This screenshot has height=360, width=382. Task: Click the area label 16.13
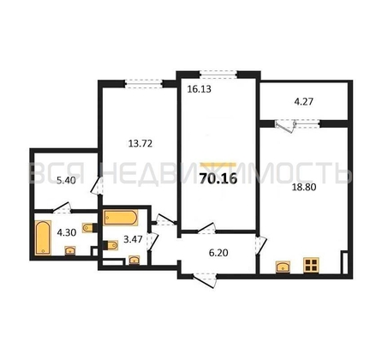pos(199,89)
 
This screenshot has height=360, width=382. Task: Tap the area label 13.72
pos(140,143)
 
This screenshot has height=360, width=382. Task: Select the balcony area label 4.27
pos(304,101)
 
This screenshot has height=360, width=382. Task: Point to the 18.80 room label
pos(304,187)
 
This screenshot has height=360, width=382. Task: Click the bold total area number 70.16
pos(218,179)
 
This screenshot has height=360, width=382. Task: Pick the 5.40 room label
pos(66,180)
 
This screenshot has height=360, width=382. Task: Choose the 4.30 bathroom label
pos(67,232)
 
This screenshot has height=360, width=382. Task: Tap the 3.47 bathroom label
pos(133,239)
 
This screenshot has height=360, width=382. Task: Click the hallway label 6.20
pos(218,253)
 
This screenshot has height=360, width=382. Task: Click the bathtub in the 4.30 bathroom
pos(43,237)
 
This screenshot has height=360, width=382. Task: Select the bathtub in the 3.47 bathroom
pos(121,218)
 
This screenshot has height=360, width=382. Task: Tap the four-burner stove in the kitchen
pos(311,264)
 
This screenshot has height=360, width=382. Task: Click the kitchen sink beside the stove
pos(283,267)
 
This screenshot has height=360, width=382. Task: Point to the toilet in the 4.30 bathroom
pos(89,227)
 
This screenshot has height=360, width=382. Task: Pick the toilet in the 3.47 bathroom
pos(110,245)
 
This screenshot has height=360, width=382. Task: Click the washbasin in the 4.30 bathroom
pos(70,250)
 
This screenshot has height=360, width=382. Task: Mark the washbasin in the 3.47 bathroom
pos(134,260)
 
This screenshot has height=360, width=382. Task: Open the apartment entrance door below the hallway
pos(205,279)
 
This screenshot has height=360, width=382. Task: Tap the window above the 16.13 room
pos(218,75)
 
